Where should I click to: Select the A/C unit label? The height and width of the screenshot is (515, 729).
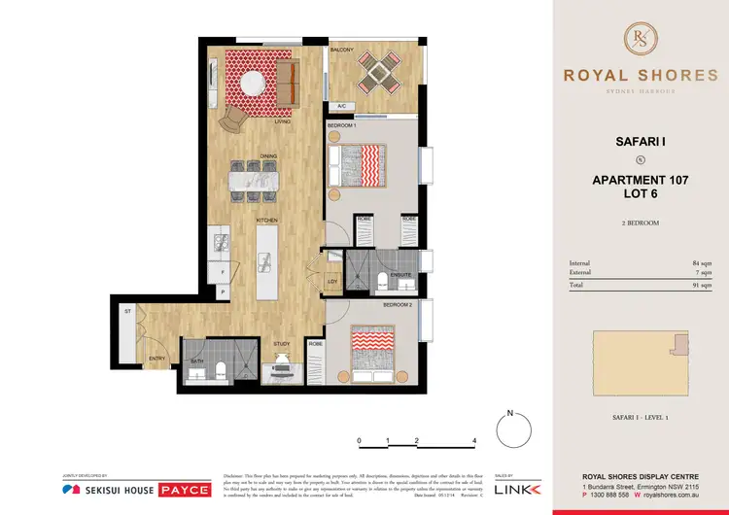tap(341, 107)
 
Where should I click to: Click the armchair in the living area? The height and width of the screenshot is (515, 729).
tap(233, 119)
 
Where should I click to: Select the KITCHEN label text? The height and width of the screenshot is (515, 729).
tap(268, 221)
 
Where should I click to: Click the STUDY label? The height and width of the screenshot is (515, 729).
tap(282, 343)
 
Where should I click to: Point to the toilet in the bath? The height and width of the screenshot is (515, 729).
tap(219, 368)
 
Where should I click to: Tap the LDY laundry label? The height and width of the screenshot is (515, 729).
tap(331, 283)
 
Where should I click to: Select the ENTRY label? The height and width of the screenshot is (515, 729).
tap(156, 358)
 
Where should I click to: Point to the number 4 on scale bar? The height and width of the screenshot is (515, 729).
tap(473, 440)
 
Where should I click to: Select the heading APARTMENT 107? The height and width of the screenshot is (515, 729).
tap(640, 180)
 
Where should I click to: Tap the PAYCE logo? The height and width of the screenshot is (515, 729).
tap(184, 489)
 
